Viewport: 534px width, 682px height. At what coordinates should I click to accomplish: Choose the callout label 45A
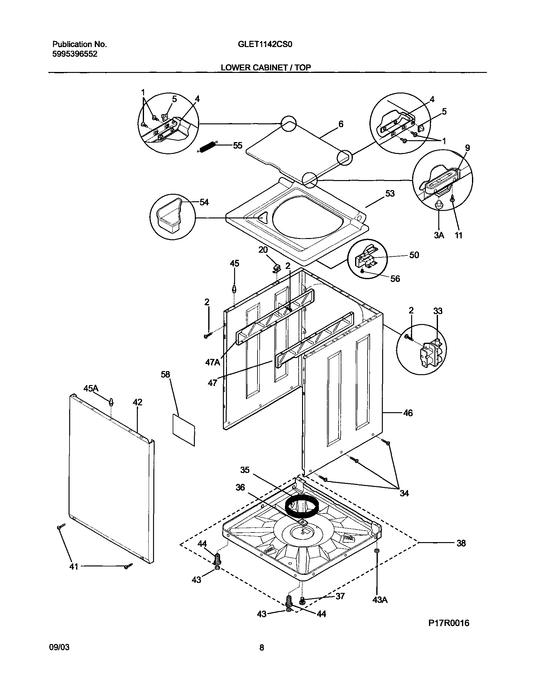(x=91, y=388)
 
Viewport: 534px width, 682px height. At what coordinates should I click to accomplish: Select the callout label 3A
(x=439, y=235)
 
